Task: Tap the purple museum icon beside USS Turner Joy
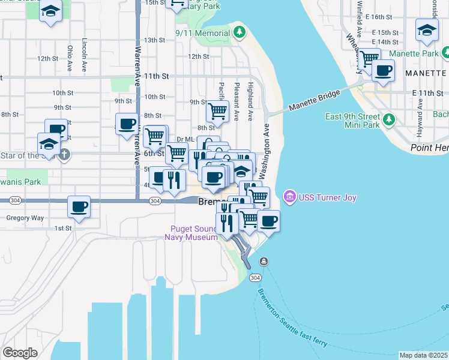tap(290, 196)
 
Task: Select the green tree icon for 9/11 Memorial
tap(240, 32)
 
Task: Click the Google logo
tap(20, 353)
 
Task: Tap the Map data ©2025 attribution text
tap(424, 355)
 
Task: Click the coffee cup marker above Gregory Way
tap(79, 207)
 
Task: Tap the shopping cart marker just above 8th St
tap(217, 110)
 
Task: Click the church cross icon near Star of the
tap(64, 155)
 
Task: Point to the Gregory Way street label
tap(21, 218)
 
